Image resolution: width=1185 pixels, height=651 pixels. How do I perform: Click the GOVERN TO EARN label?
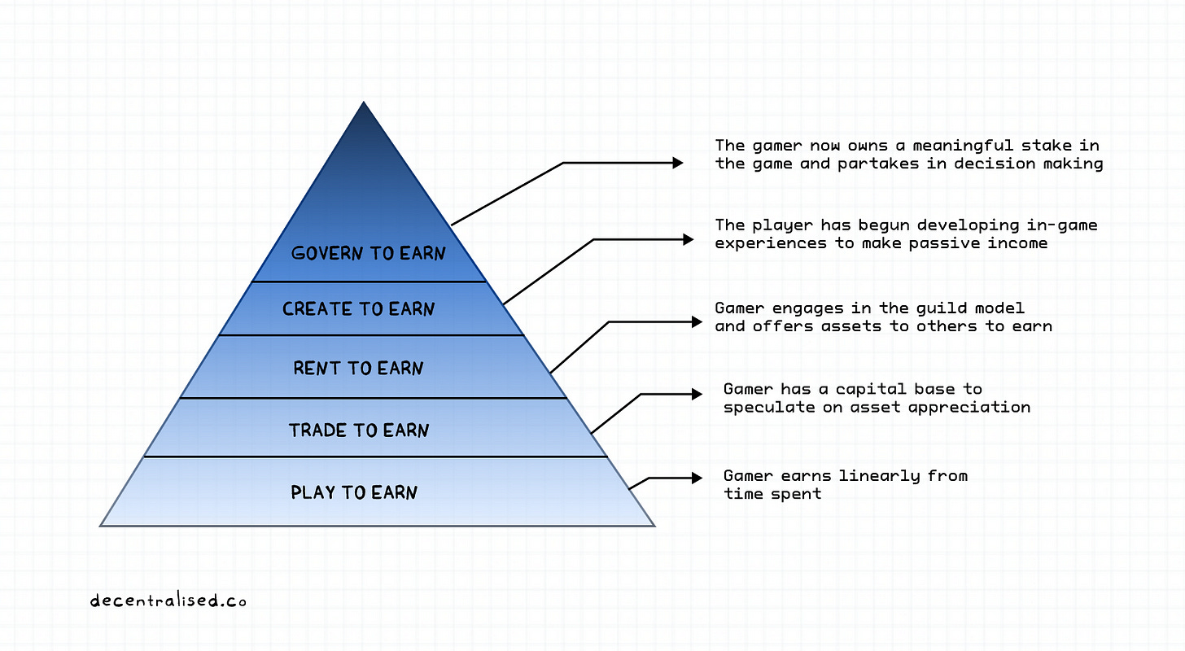[369, 253]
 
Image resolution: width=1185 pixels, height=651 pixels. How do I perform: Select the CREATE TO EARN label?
[359, 309]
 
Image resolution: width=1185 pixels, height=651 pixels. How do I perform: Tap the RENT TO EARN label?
[359, 369]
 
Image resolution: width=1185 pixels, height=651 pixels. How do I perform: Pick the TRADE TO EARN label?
[359, 430]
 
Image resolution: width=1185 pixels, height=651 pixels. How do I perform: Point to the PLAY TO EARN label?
[354, 492]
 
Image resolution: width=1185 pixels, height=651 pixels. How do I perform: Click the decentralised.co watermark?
[168, 601]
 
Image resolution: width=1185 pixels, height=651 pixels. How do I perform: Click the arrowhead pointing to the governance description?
[678, 163]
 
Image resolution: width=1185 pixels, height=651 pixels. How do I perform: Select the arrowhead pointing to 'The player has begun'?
[689, 239]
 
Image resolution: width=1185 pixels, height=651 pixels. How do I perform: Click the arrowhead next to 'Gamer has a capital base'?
[697, 394]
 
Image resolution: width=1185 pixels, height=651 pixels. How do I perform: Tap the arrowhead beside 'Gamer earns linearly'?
[697, 476]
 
